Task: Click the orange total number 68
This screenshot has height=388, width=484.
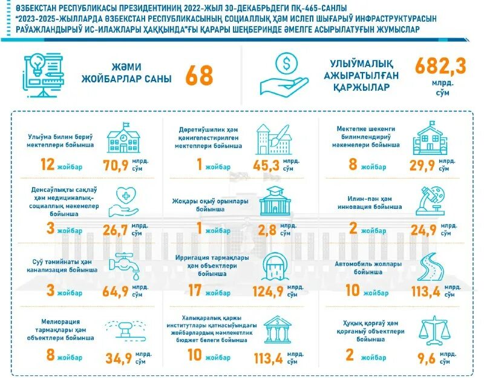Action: click(x=199, y=76)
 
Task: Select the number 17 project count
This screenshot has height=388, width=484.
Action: click(x=195, y=291)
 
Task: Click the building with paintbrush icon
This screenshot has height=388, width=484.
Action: click(x=272, y=139)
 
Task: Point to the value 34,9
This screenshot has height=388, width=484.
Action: click(x=119, y=359)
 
